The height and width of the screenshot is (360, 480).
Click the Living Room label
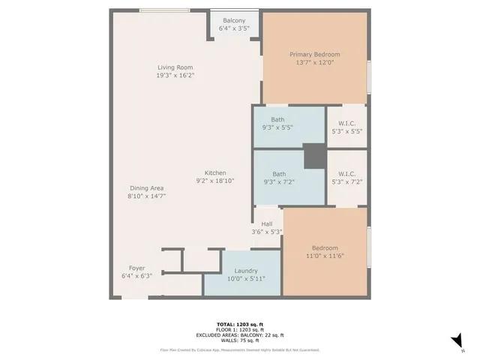coord(175,67)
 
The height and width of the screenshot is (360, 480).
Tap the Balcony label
coord(233,21)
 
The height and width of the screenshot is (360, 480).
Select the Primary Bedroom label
coord(315,55)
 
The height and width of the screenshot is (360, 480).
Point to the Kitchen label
coord(215,172)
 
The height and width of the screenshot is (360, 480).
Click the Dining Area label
coord(146,188)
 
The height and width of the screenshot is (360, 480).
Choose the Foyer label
coord(136,268)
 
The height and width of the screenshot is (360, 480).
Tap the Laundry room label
coord(246,271)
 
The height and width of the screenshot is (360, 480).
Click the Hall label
coord(266,223)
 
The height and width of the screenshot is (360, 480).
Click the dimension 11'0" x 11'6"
coord(325,257)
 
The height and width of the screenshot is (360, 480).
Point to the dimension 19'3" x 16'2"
coord(175,75)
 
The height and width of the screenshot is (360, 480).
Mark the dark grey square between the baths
coord(313,157)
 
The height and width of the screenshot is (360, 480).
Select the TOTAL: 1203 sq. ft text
coord(240,325)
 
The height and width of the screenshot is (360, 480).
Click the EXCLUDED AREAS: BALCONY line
coord(240,334)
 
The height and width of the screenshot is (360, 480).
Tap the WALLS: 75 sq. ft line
coord(240,340)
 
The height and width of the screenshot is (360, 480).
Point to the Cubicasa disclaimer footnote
coord(240,349)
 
